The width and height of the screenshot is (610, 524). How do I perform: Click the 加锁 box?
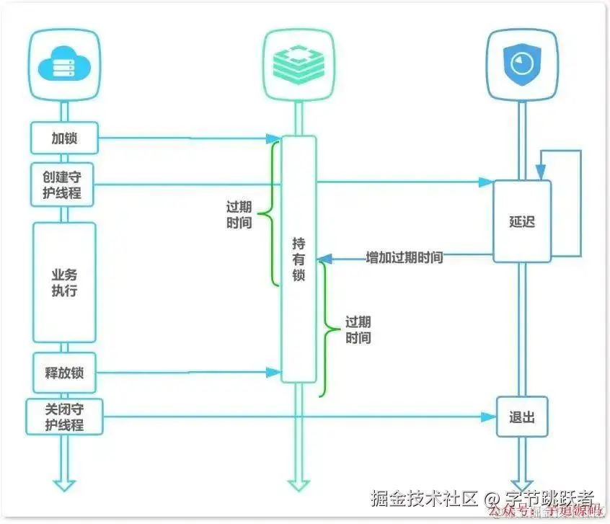63,138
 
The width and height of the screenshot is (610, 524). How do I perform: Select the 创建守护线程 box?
63,185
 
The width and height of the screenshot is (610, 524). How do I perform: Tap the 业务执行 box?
63,283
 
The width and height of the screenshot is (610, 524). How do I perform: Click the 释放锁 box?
63,373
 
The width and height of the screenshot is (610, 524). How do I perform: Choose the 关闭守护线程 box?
63,417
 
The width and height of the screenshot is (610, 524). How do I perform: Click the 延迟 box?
522,221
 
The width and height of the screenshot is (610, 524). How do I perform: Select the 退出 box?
522,417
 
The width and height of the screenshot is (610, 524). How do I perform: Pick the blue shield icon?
522,66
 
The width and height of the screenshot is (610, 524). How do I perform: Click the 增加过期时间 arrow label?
404,257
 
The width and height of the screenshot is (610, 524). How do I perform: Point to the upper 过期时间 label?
239,214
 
